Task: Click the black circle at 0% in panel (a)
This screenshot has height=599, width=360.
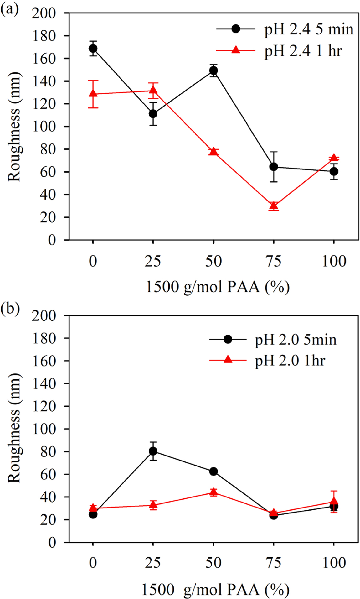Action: [93, 49]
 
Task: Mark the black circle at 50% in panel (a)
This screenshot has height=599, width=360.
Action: [213, 70]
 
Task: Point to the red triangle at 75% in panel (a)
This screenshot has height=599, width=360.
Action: [274, 206]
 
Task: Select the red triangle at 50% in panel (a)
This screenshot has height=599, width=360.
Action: [213, 152]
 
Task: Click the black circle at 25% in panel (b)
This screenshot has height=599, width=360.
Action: [153, 451]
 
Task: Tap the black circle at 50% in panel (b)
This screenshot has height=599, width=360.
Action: [213, 471]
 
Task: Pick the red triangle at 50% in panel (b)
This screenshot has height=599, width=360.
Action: [213, 492]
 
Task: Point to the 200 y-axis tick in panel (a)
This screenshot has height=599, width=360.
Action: [44, 13]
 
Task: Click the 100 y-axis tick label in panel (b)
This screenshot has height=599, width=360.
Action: [44, 429]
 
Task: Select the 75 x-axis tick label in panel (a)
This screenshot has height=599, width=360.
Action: [274, 261]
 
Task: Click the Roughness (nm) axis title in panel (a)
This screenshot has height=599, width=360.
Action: [14, 127]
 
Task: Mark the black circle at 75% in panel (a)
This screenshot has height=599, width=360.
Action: [274, 167]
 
